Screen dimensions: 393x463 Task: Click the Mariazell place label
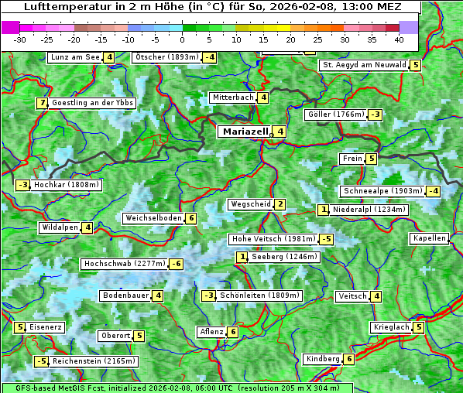click(245, 132)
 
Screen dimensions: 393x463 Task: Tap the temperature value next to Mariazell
click(280, 132)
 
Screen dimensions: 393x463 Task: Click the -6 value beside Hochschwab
click(177, 264)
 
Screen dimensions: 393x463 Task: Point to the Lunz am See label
click(74, 57)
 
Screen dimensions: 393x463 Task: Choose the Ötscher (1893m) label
click(166, 57)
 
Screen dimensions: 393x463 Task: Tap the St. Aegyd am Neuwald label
click(364, 65)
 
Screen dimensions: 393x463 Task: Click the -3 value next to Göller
click(376, 114)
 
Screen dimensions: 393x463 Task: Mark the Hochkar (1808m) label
click(67, 185)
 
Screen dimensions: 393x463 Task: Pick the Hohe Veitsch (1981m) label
click(269, 239)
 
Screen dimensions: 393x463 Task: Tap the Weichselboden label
click(153, 218)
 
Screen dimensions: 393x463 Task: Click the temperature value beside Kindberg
click(349, 359)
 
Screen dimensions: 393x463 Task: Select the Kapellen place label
click(429, 238)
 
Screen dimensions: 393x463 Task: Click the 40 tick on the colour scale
click(399, 39)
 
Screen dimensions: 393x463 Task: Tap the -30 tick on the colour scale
click(20, 39)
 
